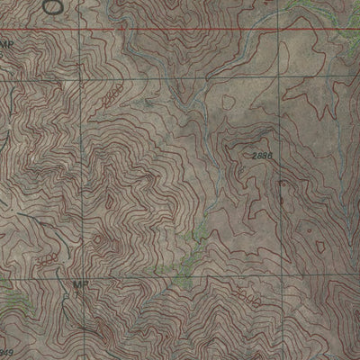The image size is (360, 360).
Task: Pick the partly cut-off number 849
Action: click(x=6, y=352)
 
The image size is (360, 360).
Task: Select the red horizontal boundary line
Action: click(x=180, y=31)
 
